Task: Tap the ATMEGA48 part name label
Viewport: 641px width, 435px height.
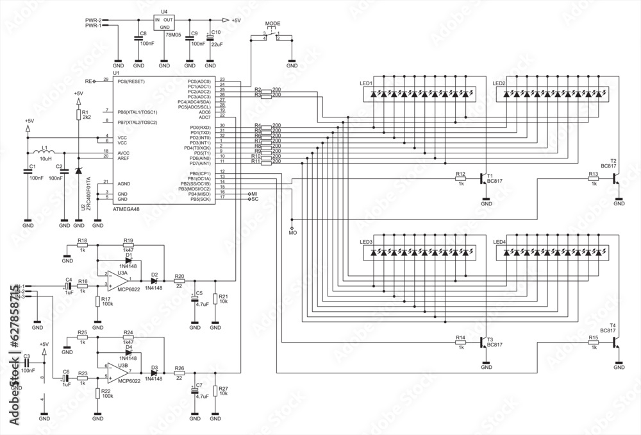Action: click(128, 209)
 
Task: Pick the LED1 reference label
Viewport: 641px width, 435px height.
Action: click(366, 84)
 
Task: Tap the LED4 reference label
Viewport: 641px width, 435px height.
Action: click(499, 242)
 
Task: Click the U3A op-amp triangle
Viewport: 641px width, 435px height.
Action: click(117, 280)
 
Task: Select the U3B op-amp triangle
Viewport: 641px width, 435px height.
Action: click(117, 371)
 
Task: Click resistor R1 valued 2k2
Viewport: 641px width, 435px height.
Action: click(78, 115)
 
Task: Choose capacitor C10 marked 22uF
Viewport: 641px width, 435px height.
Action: click(210, 38)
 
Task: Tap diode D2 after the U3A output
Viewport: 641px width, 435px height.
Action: click(154, 280)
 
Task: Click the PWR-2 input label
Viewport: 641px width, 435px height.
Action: click(94, 21)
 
